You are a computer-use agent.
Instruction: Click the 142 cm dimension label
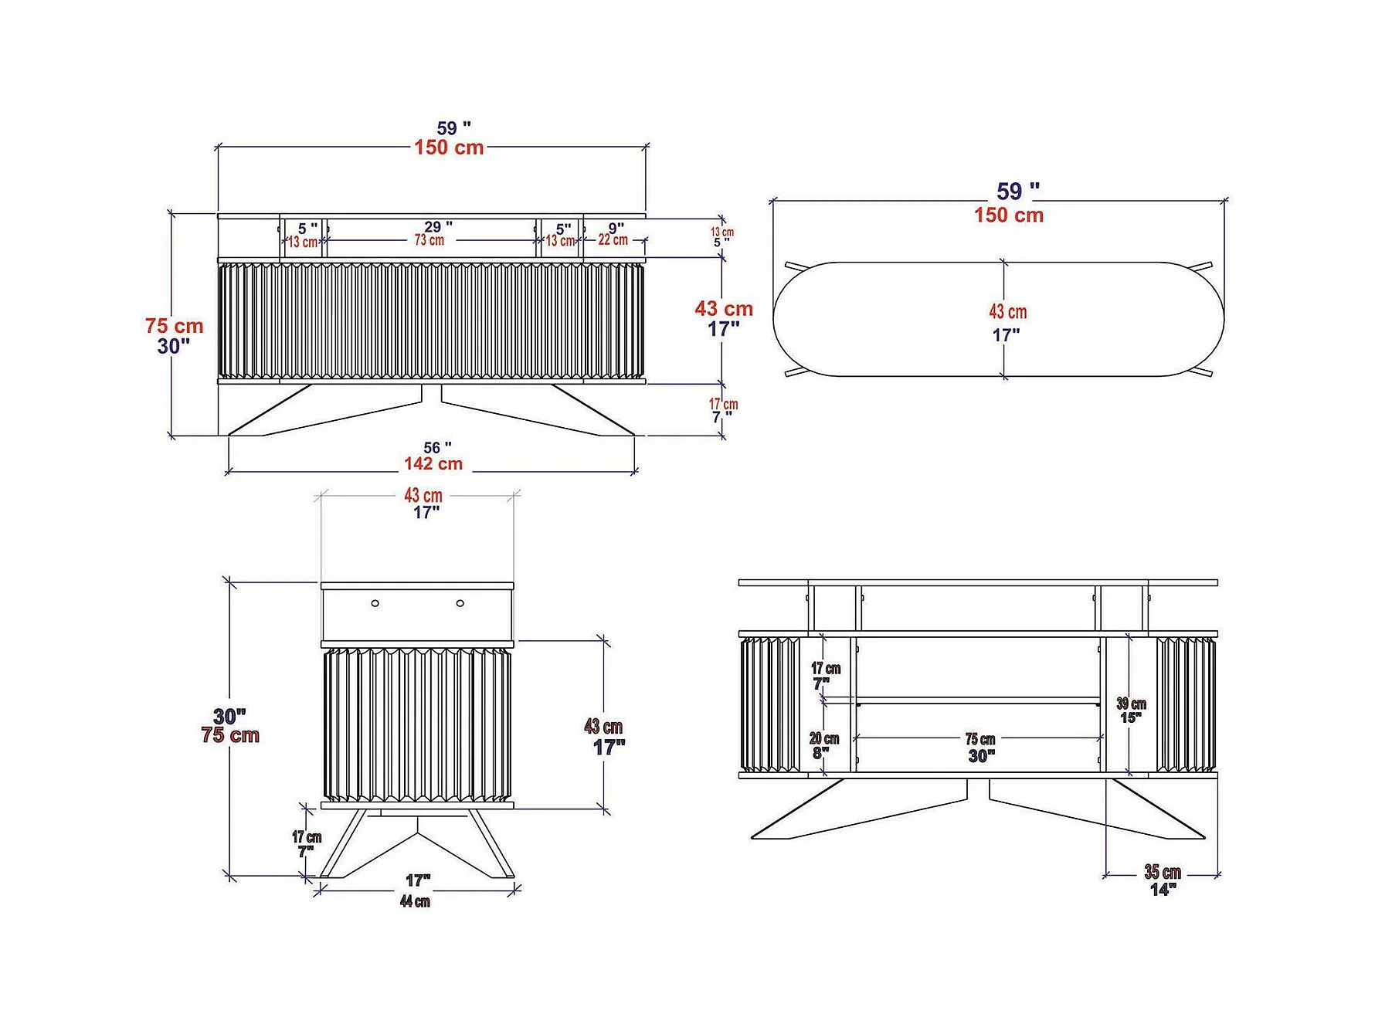point(433,464)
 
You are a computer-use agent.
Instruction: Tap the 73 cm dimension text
point(429,240)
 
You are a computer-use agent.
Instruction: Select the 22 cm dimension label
point(613,240)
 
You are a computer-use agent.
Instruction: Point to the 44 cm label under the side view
point(415,901)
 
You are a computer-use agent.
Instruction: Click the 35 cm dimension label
point(1163,873)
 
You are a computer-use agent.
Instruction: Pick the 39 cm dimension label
point(1131,704)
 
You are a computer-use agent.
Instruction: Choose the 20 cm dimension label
point(824,739)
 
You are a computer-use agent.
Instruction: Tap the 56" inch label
point(437,448)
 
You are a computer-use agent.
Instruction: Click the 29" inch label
point(438,227)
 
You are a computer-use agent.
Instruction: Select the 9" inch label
point(616,229)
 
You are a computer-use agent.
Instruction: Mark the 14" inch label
point(1163,890)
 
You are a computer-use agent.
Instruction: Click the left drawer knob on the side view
point(375,603)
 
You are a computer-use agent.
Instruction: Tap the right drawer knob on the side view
point(460,603)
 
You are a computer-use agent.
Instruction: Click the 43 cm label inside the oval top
point(1008,312)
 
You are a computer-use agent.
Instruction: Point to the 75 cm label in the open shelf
point(980,740)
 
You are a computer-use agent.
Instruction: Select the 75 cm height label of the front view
point(175,326)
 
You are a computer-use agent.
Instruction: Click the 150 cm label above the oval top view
point(1009,215)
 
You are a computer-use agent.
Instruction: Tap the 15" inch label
point(1131,718)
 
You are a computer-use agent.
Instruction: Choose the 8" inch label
point(820,753)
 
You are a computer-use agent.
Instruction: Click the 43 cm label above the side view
point(423,496)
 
